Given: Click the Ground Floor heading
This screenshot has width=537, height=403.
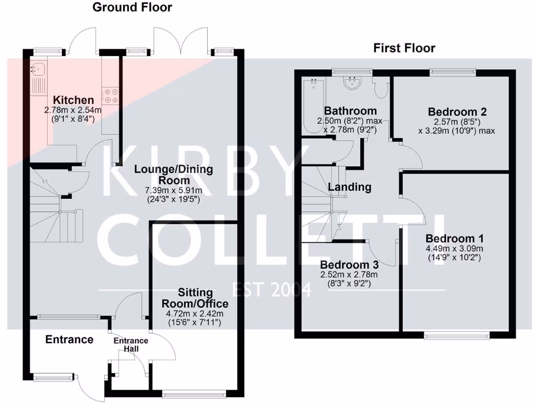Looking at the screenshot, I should click(x=132, y=7).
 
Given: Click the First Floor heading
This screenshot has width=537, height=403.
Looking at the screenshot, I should click(x=404, y=48).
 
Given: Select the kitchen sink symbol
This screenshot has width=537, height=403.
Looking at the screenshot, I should click(x=38, y=68).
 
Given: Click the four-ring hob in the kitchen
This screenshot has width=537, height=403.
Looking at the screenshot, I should click(x=110, y=95).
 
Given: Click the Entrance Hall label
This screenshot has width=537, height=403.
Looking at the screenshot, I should click(x=131, y=345).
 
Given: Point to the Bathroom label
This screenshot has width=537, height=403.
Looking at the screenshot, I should click(x=350, y=111).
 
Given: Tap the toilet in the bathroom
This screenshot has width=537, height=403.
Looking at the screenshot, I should click(x=382, y=89).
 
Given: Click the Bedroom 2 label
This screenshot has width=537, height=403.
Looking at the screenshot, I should click(x=457, y=111).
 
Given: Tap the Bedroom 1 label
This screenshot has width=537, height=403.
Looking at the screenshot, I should click(x=454, y=237).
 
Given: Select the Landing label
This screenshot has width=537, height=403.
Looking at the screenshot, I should click(x=350, y=187).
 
